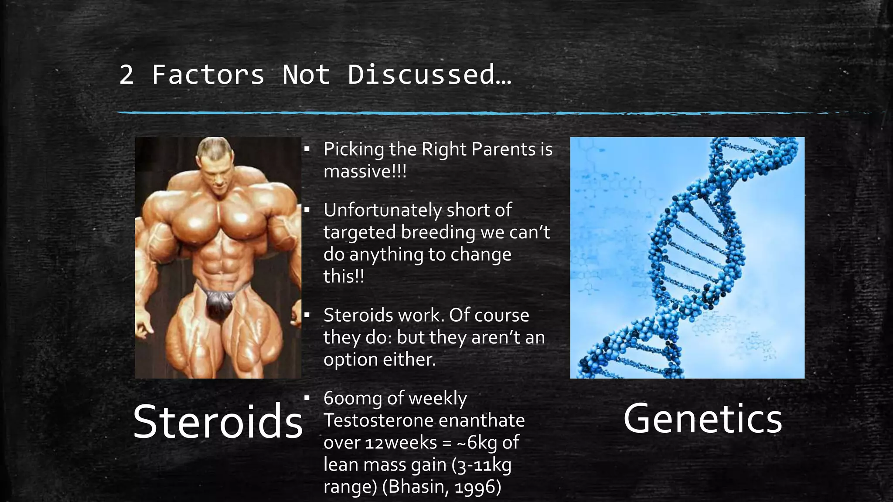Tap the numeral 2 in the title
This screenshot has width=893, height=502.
pos(126,75)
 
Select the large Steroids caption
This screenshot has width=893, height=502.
pos(218,422)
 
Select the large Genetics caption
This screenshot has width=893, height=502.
pos(702,419)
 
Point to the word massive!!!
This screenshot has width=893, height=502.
pos(365,171)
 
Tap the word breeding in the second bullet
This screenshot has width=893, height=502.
pos(438,232)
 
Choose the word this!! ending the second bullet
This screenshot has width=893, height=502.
pos(343,276)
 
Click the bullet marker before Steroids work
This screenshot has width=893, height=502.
pos(307,315)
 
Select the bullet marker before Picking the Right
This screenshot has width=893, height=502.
pos(307,149)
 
